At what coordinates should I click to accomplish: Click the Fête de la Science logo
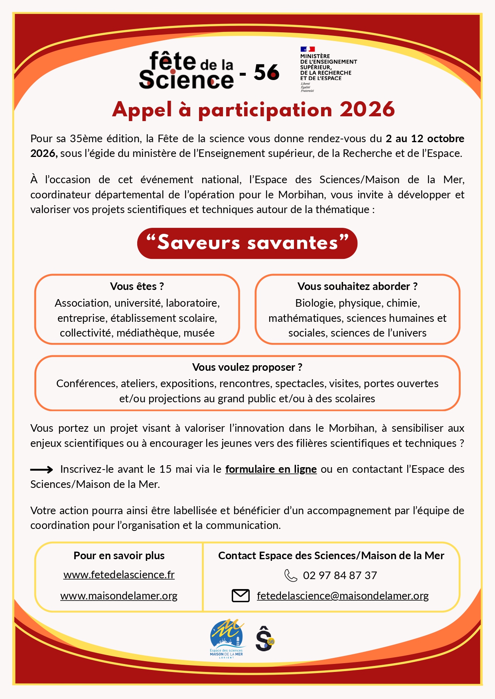click(186, 71)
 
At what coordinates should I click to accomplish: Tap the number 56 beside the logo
click(266, 72)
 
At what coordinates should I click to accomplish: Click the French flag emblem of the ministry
click(308, 49)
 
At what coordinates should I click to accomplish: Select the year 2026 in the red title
click(367, 110)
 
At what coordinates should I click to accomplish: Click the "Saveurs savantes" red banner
click(247, 243)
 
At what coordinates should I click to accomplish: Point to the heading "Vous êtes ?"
click(137, 286)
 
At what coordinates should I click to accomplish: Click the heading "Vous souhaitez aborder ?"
click(357, 286)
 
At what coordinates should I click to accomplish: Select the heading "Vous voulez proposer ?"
click(247, 367)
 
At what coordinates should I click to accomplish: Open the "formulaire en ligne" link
click(271, 469)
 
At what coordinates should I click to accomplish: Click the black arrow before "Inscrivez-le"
click(41, 470)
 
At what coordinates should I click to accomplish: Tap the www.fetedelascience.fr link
click(119, 575)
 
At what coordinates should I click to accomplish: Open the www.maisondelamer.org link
click(119, 596)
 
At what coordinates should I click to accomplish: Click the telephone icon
click(290, 576)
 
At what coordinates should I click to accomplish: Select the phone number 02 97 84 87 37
click(340, 576)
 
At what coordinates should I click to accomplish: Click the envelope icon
click(241, 596)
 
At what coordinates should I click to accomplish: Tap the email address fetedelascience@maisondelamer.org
click(343, 596)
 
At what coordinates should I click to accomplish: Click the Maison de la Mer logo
click(227, 638)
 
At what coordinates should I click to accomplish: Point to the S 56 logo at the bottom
click(264, 638)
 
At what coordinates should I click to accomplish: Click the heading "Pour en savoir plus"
click(119, 556)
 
